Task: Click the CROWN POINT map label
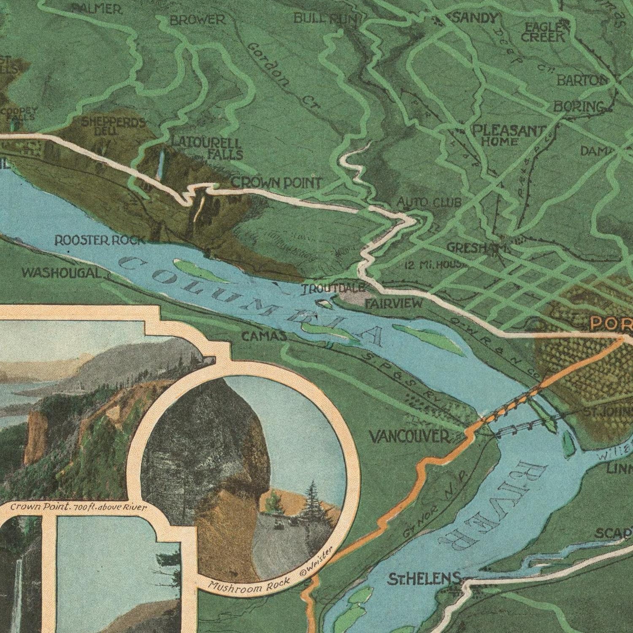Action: [276, 183]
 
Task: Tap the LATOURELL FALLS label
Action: [207, 149]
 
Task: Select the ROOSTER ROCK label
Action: [100, 241]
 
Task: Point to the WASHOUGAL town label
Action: [62, 273]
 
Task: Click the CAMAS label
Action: [264, 336]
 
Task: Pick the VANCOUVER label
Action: [410, 436]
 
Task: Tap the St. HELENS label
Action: [424, 579]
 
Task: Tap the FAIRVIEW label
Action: [393, 303]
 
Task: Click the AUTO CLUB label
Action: [429, 203]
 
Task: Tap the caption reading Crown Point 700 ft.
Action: [78, 507]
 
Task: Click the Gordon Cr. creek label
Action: [283, 76]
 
